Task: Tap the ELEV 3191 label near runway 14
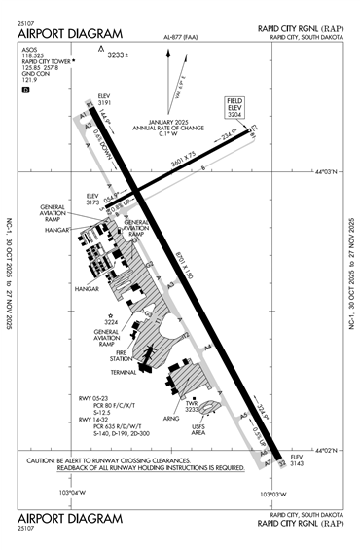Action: click(x=106, y=100)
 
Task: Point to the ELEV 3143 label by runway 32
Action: click(x=299, y=461)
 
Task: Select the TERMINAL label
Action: click(x=124, y=373)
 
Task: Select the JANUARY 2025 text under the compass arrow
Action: click(x=181, y=119)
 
